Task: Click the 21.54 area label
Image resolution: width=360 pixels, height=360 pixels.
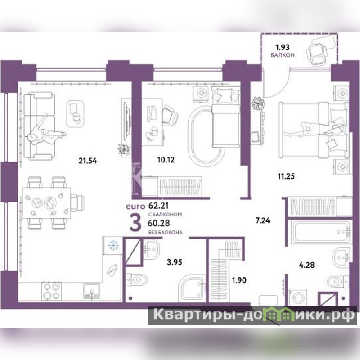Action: pyautogui.click(x=88, y=161)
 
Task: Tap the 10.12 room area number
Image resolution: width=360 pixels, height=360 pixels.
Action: pyautogui.click(x=166, y=160)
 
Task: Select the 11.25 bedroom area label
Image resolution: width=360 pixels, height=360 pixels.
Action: pyautogui.click(x=286, y=176)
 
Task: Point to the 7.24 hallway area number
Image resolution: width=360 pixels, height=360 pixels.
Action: pyautogui.click(x=263, y=220)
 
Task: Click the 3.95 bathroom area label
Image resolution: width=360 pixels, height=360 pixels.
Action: pyautogui.click(x=175, y=262)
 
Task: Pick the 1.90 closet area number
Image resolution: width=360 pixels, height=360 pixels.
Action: pyautogui.click(x=239, y=280)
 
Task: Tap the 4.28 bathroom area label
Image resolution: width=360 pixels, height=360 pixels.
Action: pyautogui.click(x=307, y=265)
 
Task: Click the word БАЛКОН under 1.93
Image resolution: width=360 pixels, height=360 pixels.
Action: pyautogui.click(x=283, y=55)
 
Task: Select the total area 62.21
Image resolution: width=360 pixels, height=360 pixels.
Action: pyautogui.click(x=158, y=206)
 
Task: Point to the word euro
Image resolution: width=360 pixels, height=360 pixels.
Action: pyautogui.click(x=135, y=207)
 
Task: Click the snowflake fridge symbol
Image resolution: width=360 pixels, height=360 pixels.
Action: pyautogui.click(x=113, y=245)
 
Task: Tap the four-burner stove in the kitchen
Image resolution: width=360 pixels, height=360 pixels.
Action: pyautogui.click(x=51, y=291)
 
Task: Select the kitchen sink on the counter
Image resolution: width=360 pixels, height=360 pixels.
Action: pyautogui.click(x=92, y=291)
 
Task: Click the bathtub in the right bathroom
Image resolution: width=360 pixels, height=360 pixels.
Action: pyautogui.click(x=321, y=232)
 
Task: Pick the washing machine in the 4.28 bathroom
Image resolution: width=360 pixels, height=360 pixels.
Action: pyautogui.click(x=297, y=297)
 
